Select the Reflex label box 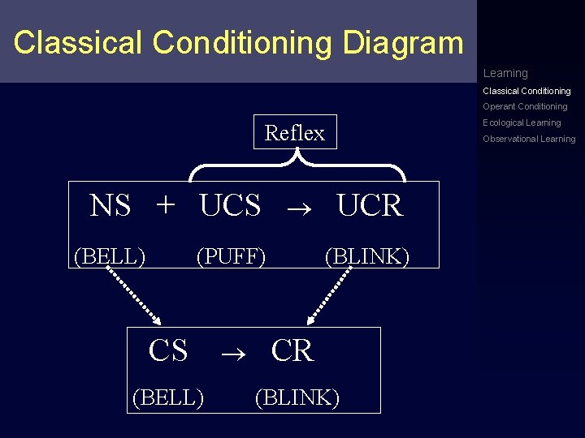[x=294, y=133]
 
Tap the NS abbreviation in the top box [x=110, y=206]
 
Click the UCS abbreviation [x=230, y=206]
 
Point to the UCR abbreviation [x=370, y=206]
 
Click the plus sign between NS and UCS [x=165, y=205]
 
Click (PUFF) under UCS [x=232, y=256]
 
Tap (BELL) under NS [x=110, y=256]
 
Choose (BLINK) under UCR [x=367, y=256]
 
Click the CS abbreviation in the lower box [x=168, y=350]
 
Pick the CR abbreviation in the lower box [x=292, y=350]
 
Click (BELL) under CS [x=168, y=397]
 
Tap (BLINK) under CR [x=297, y=397]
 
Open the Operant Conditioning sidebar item [x=525, y=106]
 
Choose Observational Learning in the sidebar [x=529, y=139]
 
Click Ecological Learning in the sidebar [x=522, y=122]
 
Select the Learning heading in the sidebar [x=505, y=73]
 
